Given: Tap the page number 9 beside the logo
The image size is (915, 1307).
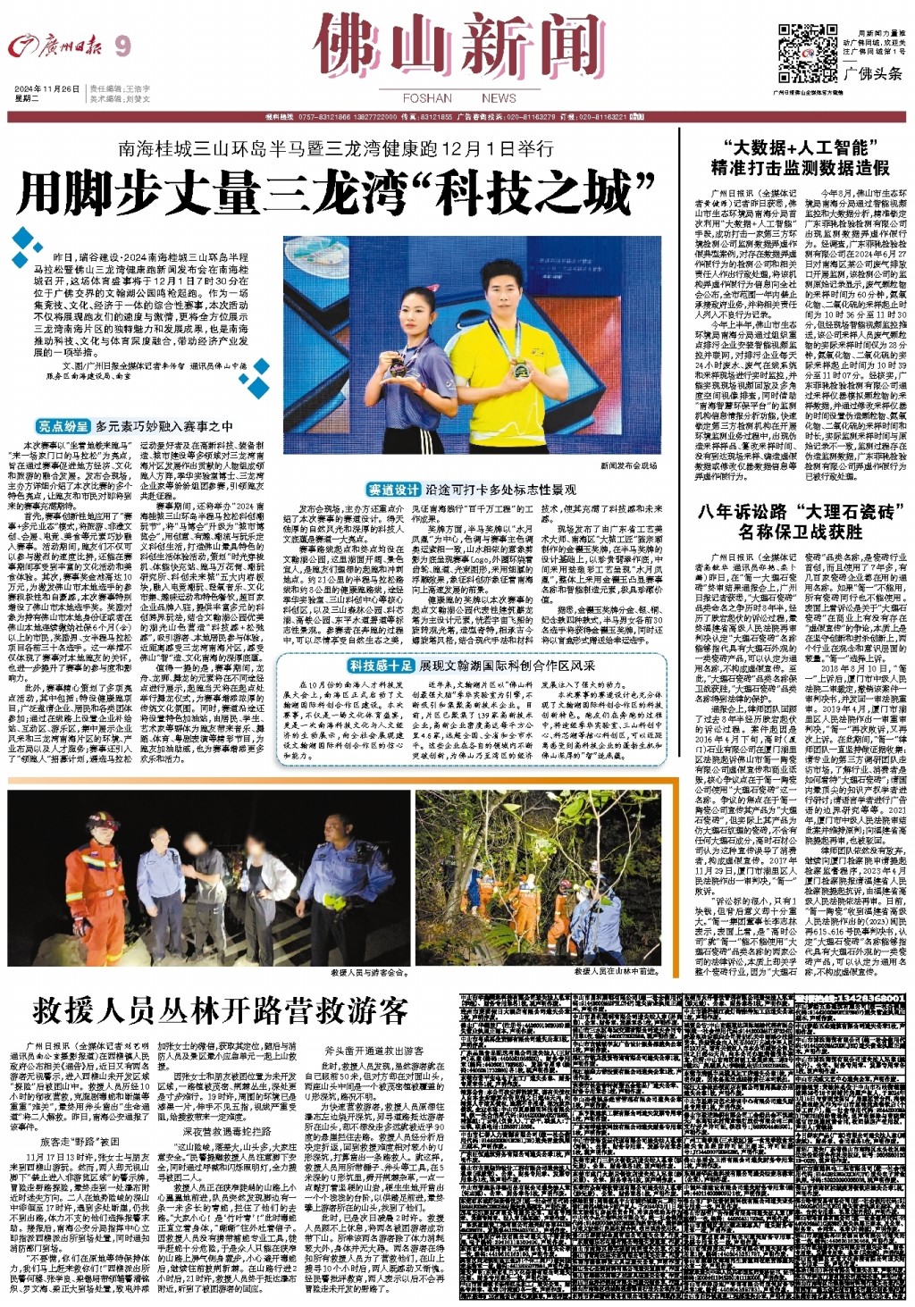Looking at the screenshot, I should pos(122,46).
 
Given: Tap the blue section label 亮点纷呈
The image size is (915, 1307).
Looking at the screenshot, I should pos(63,426).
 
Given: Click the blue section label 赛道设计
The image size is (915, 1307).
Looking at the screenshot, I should pos(393,490).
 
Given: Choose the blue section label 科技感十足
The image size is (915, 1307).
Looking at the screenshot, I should pos(382,666).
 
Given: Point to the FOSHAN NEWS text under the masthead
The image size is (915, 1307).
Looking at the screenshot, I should pos(459,98).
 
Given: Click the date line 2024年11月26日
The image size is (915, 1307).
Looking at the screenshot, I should pos(47,89).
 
